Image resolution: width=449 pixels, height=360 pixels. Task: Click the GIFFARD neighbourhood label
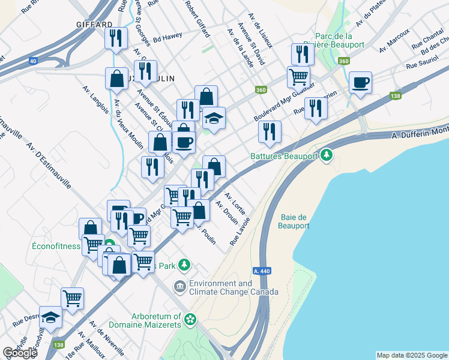pyautogui.click(x=95, y=25)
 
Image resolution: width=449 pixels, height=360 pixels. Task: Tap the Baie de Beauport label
pyautogui.click(x=294, y=221)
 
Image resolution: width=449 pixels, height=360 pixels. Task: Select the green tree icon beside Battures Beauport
pyautogui.click(x=327, y=156)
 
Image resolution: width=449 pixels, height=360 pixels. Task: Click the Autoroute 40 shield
pyautogui.click(x=32, y=61)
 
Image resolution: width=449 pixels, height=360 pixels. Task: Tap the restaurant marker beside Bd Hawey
pyautogui.click(x=115, y=38)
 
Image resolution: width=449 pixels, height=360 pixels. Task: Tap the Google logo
pyautogui.click(x=19, y=353)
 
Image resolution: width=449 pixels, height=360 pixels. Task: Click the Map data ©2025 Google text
pyautogui.click(x=412, y=355)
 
